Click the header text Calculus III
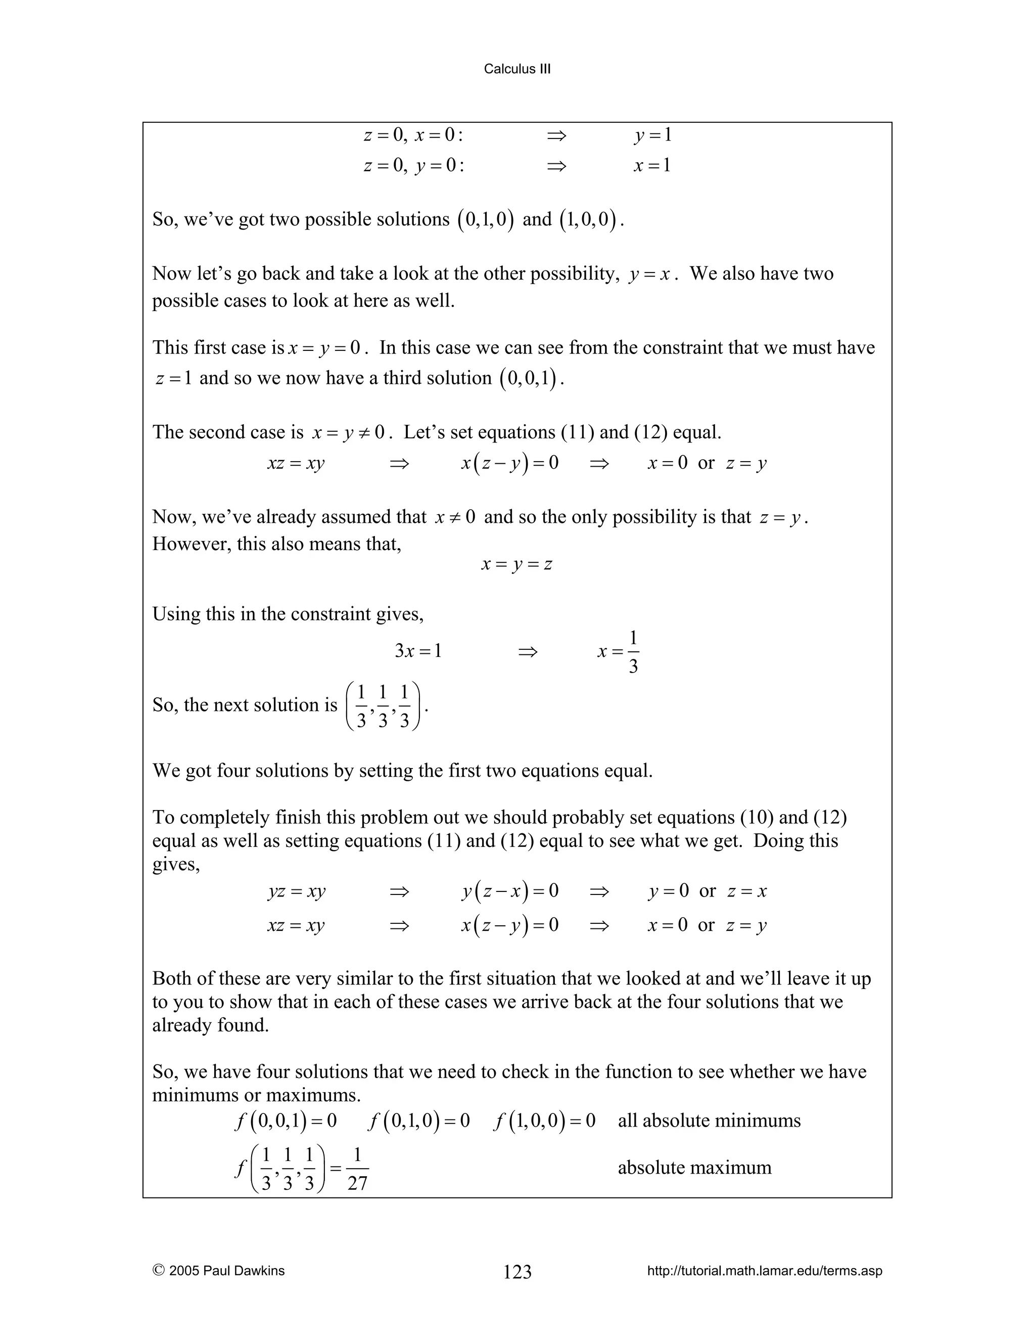[x=517, y=69]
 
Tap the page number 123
[x=517, y=1271]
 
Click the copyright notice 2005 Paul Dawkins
[x=218, y=1271]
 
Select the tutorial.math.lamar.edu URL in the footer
[x=765, y=1271]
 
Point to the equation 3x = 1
[x=418, y=651]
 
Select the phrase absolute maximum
[x=694, y=1167]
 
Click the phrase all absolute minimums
[x=709, y=1121]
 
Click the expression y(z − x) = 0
[x=510, y=891]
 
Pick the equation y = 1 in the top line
[x=653, y=135]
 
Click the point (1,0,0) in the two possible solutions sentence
[x=587, y=219]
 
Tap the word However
[x=190, y=544]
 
